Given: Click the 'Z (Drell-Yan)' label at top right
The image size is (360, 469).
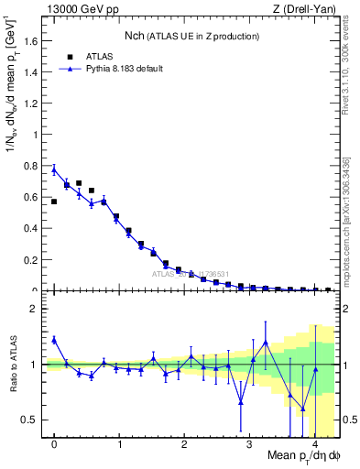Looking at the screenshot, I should coord(307,9).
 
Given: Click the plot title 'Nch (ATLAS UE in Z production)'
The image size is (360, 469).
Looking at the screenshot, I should coord(192,36).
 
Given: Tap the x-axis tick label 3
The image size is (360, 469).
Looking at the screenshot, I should coord(248,447).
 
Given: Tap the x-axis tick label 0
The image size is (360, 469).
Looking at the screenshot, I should coord(54,447).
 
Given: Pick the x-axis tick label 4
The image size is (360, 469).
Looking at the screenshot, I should coord(313,447).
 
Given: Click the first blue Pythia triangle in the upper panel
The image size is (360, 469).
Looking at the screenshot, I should coord(54,169).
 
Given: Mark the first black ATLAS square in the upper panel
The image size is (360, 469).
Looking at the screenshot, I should coord(54,202).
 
